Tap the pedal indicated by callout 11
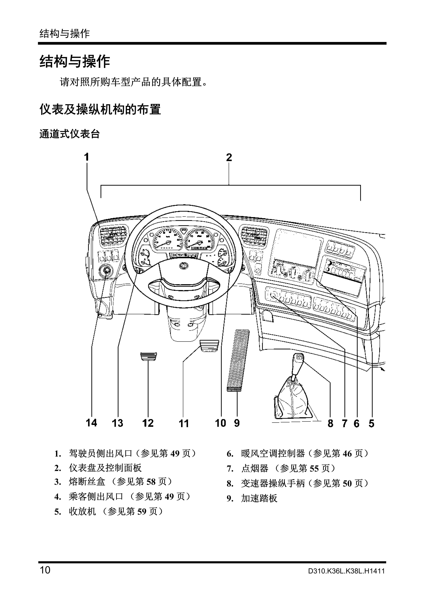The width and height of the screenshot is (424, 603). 209,346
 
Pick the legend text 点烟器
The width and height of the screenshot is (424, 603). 254,468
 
